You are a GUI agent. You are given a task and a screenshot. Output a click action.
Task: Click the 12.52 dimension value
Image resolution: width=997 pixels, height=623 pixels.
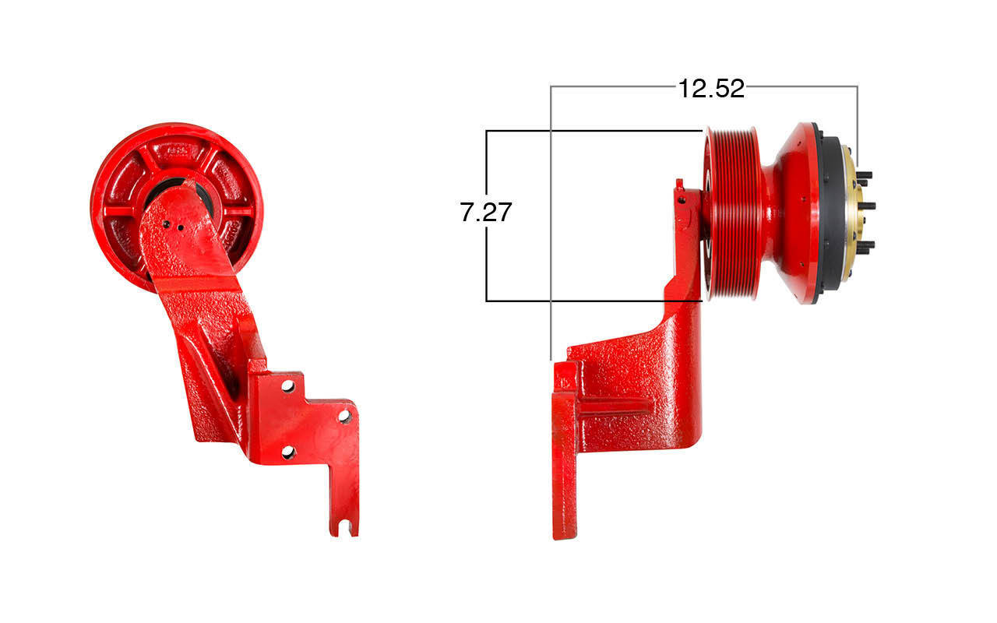point(710,89)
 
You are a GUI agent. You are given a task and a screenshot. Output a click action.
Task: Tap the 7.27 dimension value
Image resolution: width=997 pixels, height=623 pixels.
point(486,212)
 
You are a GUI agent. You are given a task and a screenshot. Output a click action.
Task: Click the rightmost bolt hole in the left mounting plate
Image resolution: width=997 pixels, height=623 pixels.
point(344,416)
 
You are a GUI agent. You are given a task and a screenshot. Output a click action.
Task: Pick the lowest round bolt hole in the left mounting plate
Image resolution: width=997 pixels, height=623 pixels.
point(287,452)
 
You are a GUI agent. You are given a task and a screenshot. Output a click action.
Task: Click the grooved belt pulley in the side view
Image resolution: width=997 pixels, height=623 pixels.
point(733,214)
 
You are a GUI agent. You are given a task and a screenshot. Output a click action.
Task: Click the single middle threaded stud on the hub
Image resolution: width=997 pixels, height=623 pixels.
point(866,206)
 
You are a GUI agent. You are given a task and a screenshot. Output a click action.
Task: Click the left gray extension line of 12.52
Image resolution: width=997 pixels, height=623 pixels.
point(551,234)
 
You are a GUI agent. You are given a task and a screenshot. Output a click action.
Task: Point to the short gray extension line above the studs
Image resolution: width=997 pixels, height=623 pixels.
point(858,117)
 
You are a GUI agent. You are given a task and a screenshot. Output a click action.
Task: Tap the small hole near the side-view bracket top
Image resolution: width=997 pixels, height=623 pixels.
point(682,199)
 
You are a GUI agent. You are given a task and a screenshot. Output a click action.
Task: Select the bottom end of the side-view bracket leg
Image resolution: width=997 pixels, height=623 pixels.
point(564,530)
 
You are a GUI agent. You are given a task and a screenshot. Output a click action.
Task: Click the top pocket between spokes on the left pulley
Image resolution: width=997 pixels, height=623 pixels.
point(178,150)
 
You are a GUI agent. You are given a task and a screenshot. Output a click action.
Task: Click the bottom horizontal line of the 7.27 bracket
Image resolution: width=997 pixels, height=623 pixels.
point(592,301)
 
